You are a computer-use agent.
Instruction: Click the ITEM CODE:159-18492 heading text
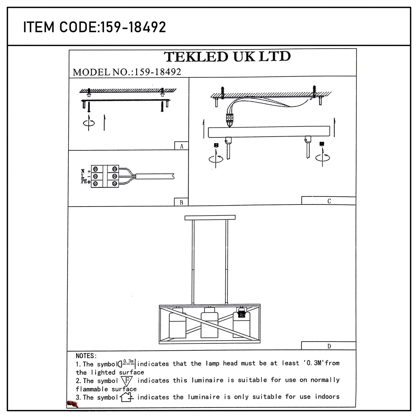95,27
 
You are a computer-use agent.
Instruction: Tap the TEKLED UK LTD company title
228,57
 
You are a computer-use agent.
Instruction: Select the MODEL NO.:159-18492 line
127,72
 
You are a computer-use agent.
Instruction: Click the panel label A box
181,146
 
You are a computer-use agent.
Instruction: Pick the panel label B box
181,202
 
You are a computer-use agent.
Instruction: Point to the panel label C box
329,201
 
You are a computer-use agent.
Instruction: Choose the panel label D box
329,346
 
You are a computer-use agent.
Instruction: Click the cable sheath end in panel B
155,176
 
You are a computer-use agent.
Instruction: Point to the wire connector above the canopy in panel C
230,118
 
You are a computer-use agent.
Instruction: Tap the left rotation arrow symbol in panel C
216,158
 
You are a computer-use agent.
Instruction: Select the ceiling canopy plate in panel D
210,218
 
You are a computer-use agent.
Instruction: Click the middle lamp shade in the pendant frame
210,323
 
